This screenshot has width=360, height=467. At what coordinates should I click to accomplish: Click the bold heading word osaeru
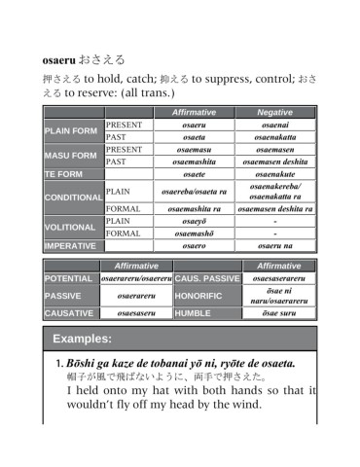click(62, 60)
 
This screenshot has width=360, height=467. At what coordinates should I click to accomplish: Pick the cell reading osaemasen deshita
click(275, 162)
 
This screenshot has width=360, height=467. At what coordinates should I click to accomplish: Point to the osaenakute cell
click(275, 174)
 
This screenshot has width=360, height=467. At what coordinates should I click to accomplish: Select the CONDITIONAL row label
click(73, 198)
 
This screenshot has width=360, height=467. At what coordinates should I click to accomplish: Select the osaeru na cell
click(275, 246)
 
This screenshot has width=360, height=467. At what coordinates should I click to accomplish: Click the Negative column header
click(275, 113)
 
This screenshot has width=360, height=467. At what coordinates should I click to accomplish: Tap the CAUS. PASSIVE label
click(207, 278)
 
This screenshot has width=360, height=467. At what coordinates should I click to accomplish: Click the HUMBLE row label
click(195, 313)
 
